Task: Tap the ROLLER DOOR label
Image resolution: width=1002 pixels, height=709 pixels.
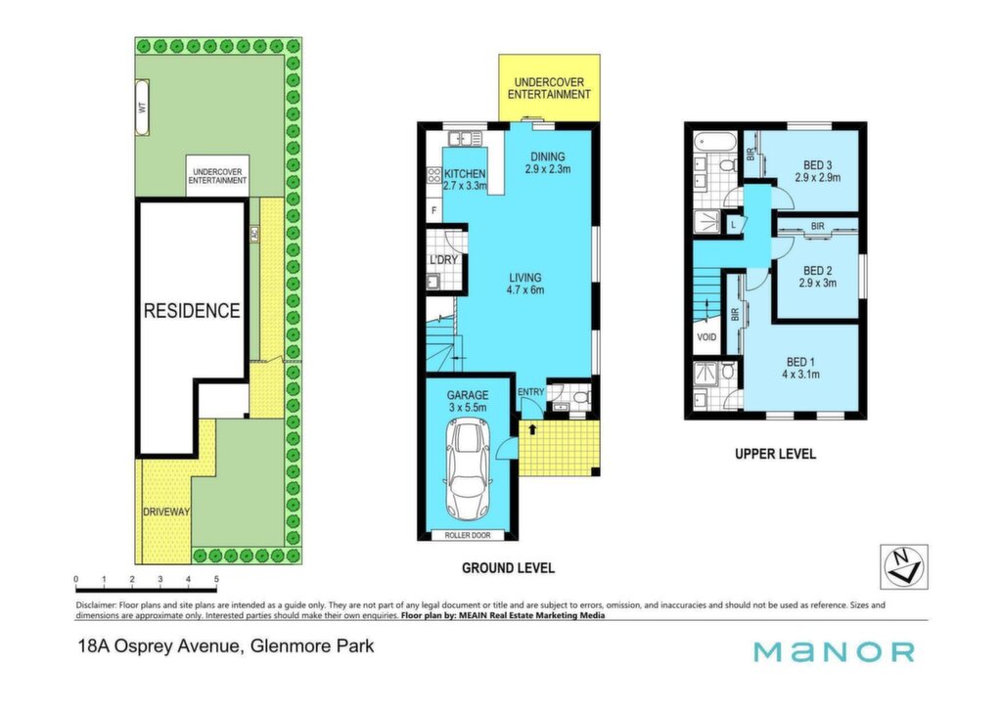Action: click(468, 535)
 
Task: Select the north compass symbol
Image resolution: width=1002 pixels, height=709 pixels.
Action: click(903, 566)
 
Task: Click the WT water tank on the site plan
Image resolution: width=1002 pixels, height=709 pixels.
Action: click(143, 108)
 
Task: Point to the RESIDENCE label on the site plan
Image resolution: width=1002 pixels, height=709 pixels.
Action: click(192, 310)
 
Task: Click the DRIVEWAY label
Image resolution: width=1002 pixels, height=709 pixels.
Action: click(166, 511)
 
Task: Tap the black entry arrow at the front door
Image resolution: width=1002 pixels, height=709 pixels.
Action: click(531, 429)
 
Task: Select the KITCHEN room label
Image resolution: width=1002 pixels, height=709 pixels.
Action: click(465, 174)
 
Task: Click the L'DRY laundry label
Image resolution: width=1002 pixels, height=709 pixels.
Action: click(443, 260)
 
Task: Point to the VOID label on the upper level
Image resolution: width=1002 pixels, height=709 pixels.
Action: click(706, 337)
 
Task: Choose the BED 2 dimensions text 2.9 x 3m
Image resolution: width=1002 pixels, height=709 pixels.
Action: click(817, 283)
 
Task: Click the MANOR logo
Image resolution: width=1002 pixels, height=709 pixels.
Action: click(834, 651)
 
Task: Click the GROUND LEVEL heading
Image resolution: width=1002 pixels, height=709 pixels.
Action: click(508, 568)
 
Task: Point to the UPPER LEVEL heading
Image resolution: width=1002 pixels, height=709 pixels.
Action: click(775, 454)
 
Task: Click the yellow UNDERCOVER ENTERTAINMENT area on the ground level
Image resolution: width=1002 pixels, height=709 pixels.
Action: click(549, 87)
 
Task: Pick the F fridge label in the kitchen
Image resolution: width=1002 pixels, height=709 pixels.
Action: click(434, 210)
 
